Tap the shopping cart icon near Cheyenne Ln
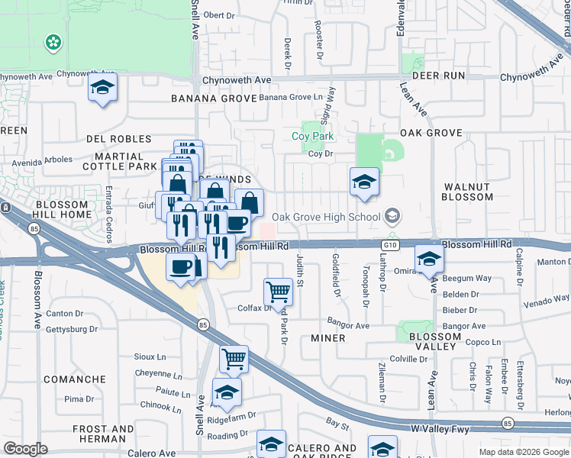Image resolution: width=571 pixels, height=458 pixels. [x=234, y=357]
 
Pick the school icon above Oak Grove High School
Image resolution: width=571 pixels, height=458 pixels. [x=365, y=182]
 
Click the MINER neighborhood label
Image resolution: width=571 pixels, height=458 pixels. [x=328, y=337]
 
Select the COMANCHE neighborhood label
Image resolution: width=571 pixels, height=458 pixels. [x=75, y=379]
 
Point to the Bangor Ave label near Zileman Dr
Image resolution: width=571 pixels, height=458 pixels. [x=347, y=325]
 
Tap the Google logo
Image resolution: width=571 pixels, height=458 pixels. [x=26, y=449]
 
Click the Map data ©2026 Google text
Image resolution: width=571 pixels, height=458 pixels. [x=523, y=452]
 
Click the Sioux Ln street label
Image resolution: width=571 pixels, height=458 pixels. [x=150, y=356]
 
